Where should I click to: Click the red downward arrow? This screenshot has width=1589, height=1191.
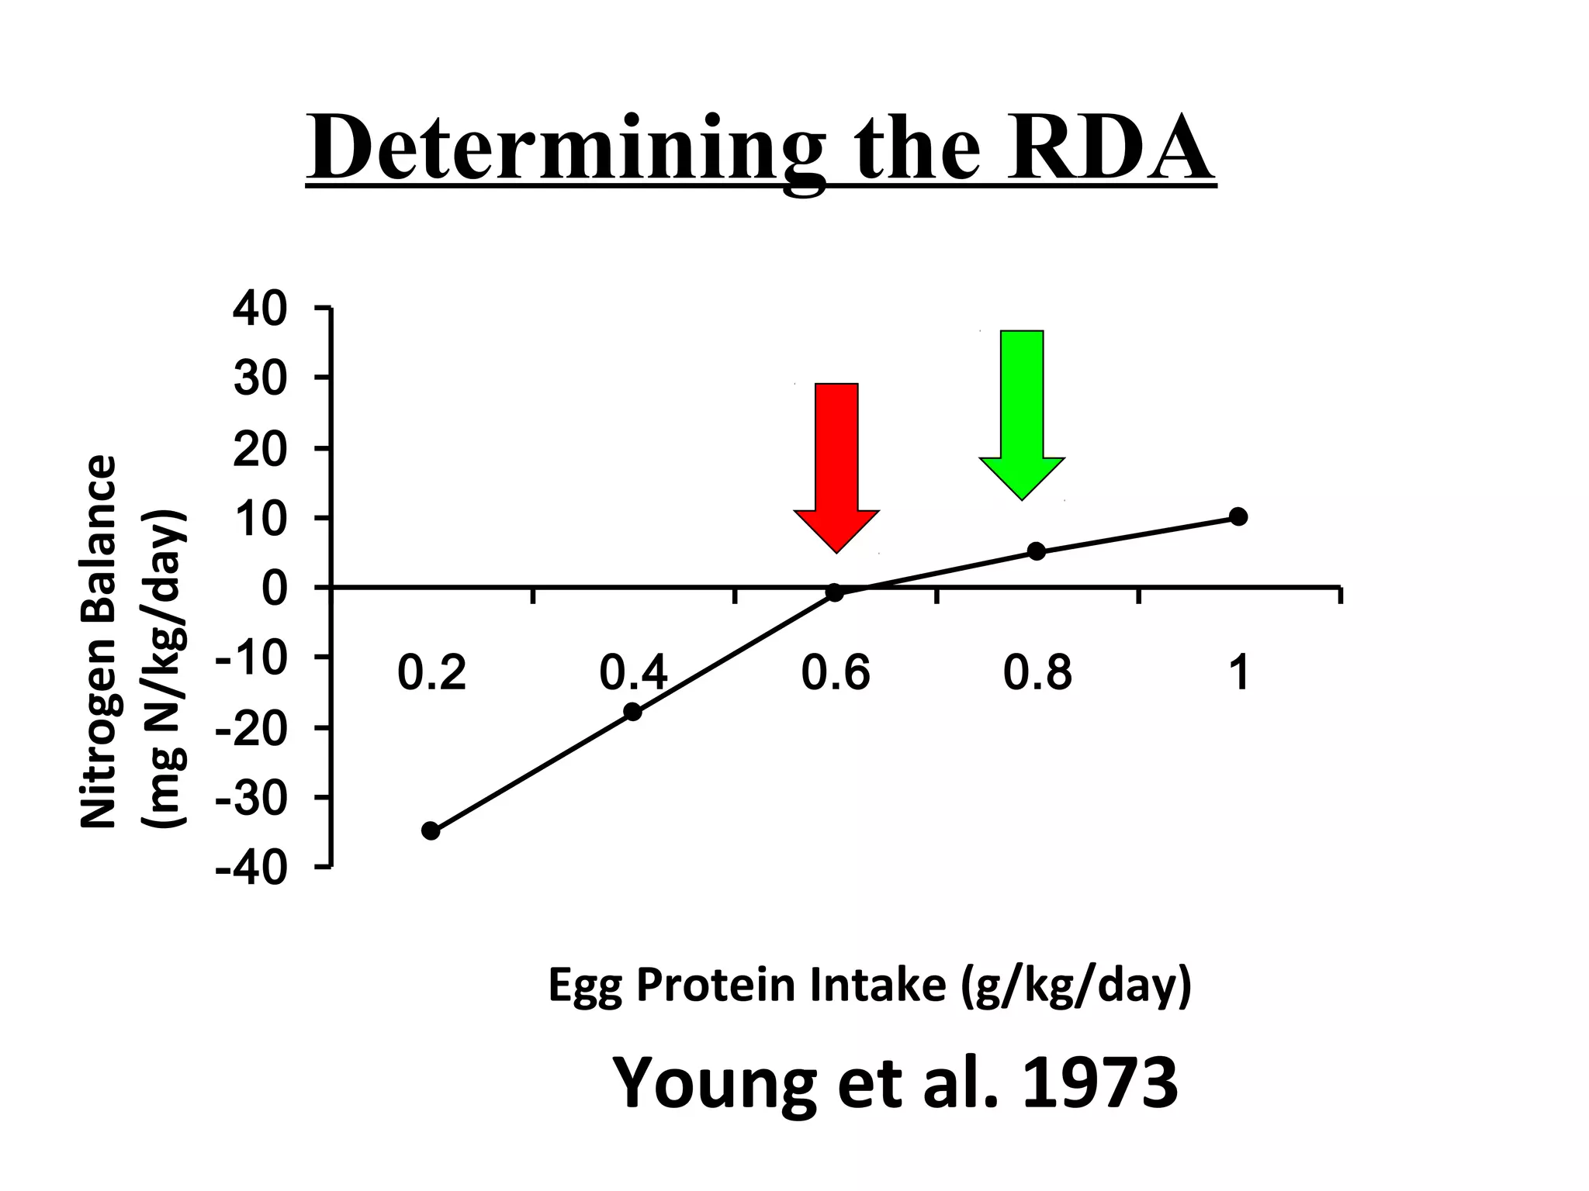tap(836, 465)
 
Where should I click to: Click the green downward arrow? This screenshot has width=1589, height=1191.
tap(1022, 411)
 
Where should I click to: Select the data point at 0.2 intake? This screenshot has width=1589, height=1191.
tap(431, 830)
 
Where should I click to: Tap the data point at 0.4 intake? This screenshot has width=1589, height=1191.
tap(633, 711)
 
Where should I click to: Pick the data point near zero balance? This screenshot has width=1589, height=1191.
tap(835, 592)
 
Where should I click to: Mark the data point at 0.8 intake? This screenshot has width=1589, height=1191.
tap(1037, 551)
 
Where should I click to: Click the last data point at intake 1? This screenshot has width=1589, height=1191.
tap(1239, 516)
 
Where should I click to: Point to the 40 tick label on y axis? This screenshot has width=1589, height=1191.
tap(261, 310)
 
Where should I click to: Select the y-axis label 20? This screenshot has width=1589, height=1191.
tap(261, 450)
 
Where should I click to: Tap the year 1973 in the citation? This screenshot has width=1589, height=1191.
tap(1100, 1082)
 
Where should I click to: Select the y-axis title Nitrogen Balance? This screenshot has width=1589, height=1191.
tap(99, 642)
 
